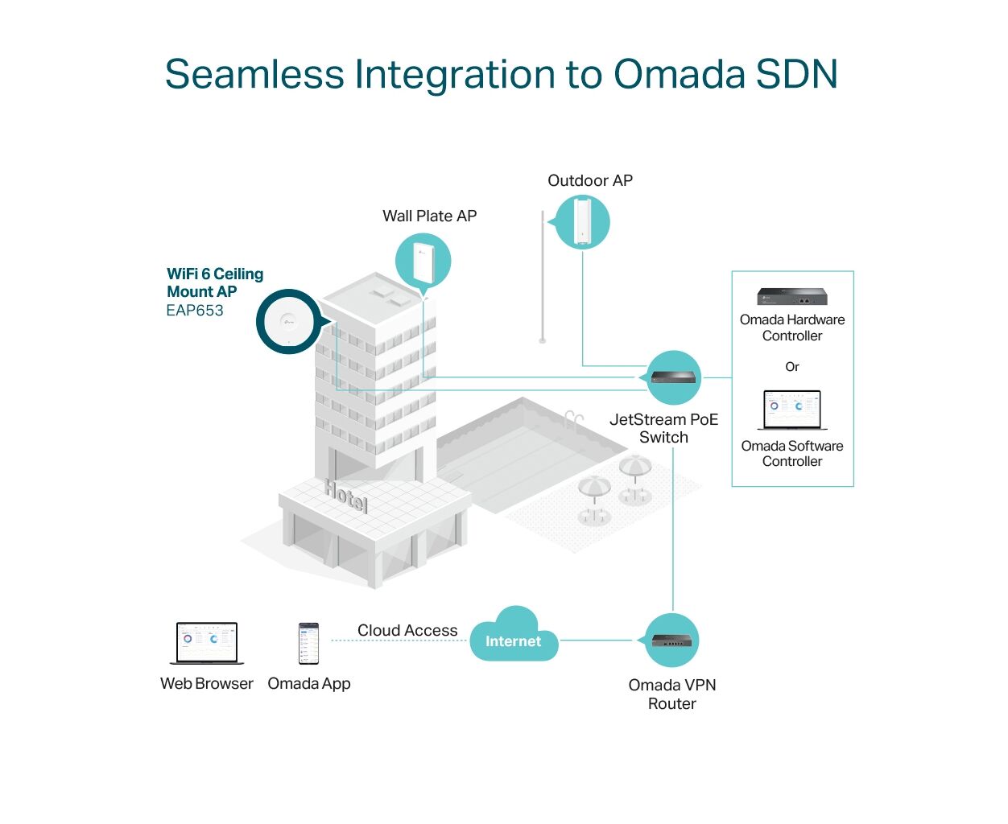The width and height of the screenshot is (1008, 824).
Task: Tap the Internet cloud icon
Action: [514, 634]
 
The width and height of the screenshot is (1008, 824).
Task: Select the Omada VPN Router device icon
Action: [671, 640]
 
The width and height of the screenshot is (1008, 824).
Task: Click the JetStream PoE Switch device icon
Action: [673, 377]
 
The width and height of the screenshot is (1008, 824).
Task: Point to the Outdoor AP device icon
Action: [582, 222]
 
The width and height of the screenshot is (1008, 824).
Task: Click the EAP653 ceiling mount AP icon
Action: [289, 322]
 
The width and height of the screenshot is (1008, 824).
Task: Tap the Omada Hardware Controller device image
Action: [792, 296]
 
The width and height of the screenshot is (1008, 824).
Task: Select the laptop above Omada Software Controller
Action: [792, 410]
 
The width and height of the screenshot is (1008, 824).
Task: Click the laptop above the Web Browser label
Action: [207, 643]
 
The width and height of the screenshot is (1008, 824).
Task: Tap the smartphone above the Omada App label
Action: [308, 643]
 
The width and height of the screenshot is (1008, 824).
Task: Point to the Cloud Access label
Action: [407, 630]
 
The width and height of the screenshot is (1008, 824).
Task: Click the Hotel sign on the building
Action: [346, 496]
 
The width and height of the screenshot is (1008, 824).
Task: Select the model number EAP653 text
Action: [195, 311]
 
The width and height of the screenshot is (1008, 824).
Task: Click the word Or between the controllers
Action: [792, 366]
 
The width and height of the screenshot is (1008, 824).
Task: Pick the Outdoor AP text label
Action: [590, 180]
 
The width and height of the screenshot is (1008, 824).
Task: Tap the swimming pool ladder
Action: [573, 420]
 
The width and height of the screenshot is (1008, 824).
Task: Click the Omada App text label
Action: [308, 683]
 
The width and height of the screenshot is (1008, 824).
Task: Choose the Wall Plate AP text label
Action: [429, 216]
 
